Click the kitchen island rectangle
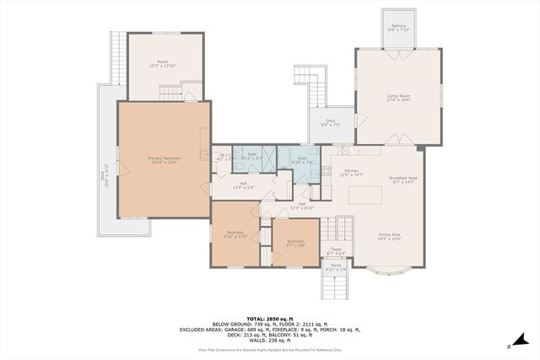(365, 196)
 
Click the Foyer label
(335, 250)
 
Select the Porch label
(336, 268)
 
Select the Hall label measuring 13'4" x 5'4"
(243, 185)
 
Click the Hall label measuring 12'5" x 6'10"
(301, 205)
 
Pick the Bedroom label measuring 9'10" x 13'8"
(235, 234)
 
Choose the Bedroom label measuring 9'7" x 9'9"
(294, 243)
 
